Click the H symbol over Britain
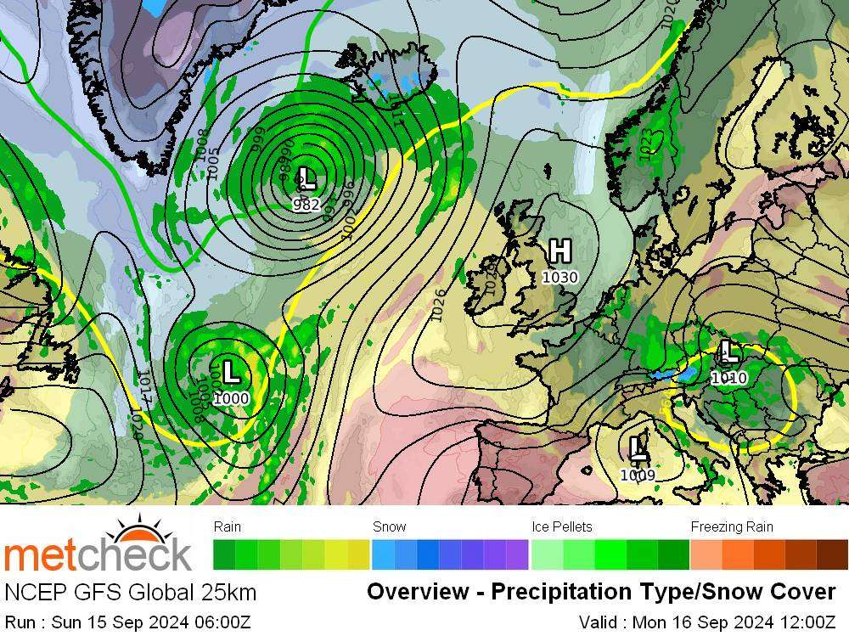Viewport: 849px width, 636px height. (559, 252)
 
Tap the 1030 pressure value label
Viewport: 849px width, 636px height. (559, 277)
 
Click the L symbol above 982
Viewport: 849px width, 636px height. (307, 179)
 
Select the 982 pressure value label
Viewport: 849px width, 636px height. (306, 204)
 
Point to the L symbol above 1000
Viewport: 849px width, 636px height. (232, 371)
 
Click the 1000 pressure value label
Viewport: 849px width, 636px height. (231, 397)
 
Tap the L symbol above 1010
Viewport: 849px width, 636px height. (728, 351)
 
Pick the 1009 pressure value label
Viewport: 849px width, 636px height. (637, 476)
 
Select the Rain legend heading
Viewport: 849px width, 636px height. (228, 526)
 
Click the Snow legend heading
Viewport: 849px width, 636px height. (389, 526)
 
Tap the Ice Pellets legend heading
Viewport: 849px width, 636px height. (561, 526)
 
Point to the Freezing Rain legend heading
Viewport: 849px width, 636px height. (731, 526)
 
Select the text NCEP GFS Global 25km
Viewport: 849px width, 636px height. (131, 592)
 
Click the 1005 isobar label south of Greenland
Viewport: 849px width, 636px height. (214, 162)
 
